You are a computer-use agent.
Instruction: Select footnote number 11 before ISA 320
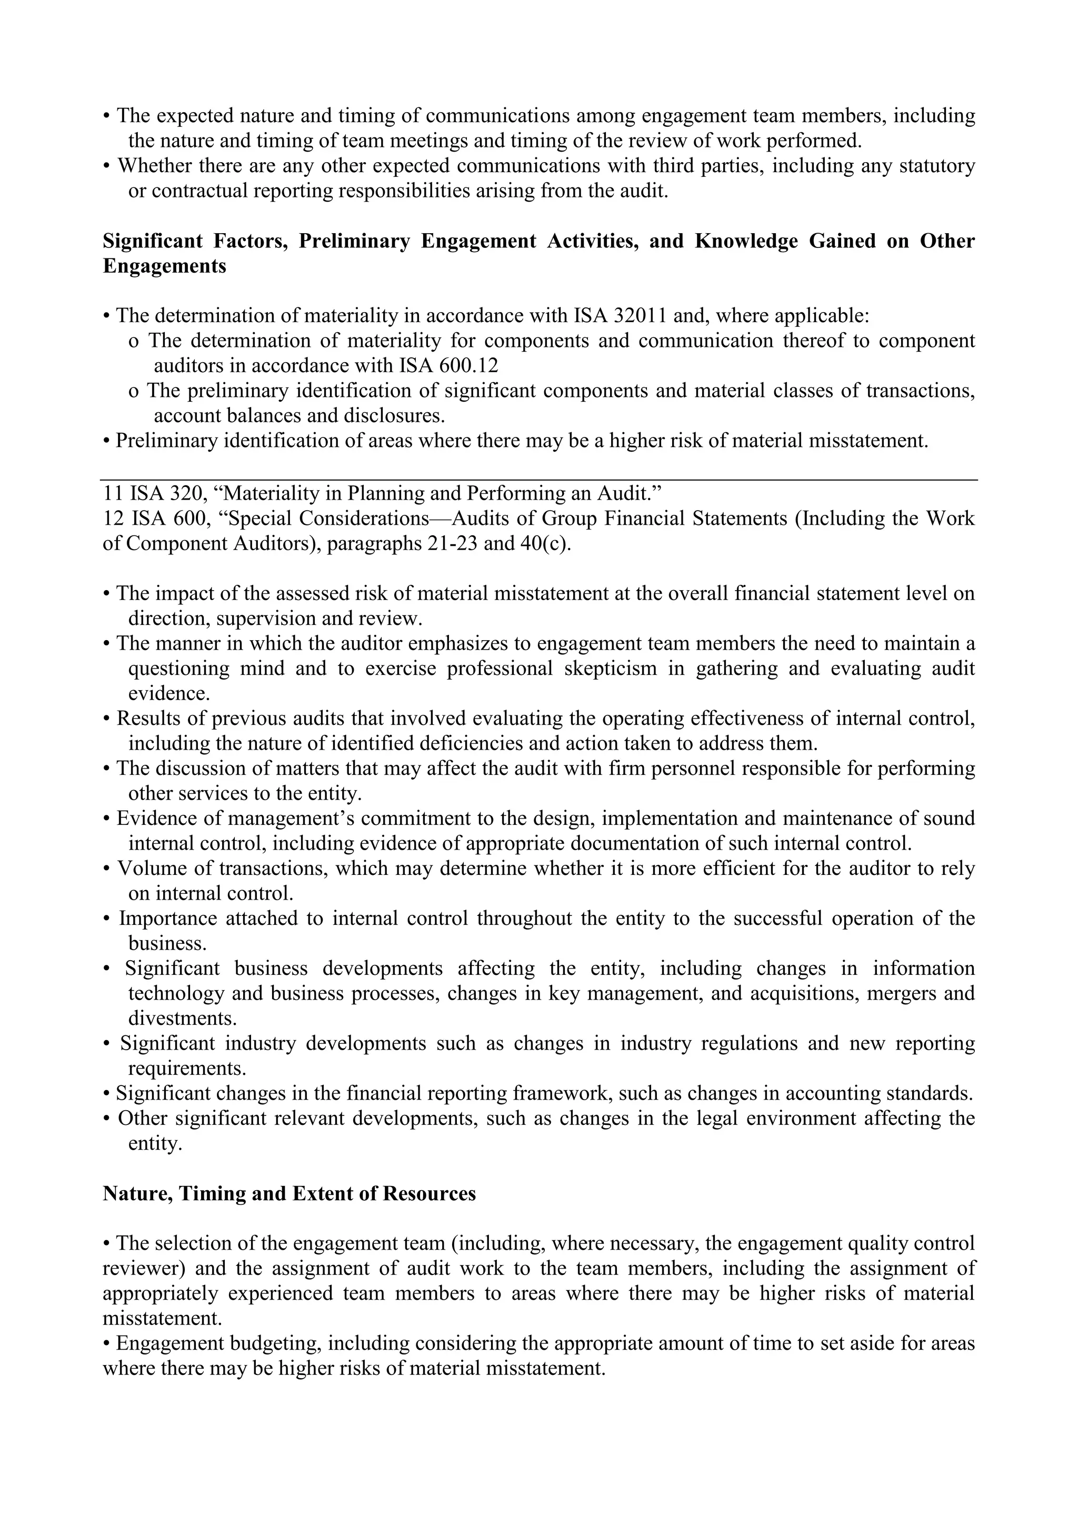113,493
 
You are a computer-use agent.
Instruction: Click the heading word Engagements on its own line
164,266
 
